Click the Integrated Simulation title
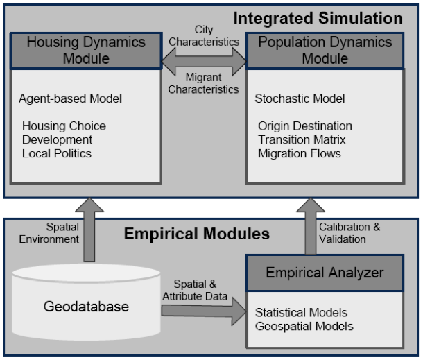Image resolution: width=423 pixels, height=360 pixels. click(318, 17)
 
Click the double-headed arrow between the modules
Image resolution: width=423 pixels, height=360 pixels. click(203, 66)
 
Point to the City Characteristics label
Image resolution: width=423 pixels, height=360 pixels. click(203, 36)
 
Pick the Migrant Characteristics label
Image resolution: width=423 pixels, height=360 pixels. click(203, 83)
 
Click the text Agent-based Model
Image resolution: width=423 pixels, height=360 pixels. click(70, 98)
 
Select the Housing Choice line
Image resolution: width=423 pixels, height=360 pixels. click(64, 126)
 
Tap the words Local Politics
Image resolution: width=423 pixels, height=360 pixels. click(57, 153)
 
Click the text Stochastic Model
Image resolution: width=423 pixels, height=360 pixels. click(300, 98)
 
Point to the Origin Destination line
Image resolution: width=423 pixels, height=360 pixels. click(305, 126)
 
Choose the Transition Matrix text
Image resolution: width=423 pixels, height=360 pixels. click(302, 139)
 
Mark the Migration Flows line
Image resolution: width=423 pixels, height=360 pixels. click(300, 153)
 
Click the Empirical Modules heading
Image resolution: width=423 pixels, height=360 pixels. click(196, 234)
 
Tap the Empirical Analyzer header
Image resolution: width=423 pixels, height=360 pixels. click(324, 273)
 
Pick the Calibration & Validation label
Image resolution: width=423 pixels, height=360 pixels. click(349, 234)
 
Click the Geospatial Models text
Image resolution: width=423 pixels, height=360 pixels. click(304, 326)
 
